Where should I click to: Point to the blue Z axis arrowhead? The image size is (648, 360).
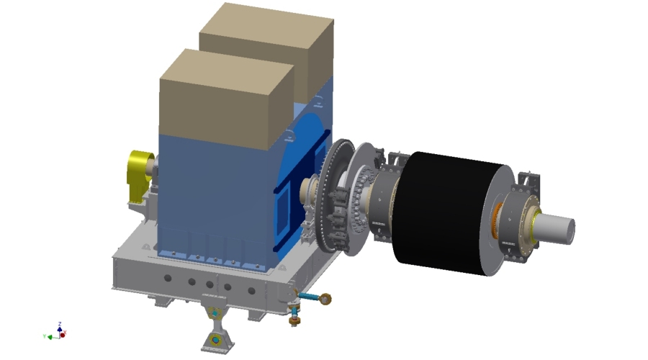click(60, 325)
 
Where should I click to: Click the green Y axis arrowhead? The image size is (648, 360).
click(48, 336)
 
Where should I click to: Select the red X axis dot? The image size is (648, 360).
click(63, 334)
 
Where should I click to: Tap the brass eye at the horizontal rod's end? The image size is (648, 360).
click(326, 297)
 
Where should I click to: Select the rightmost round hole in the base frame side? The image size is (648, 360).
click(251, 292)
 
